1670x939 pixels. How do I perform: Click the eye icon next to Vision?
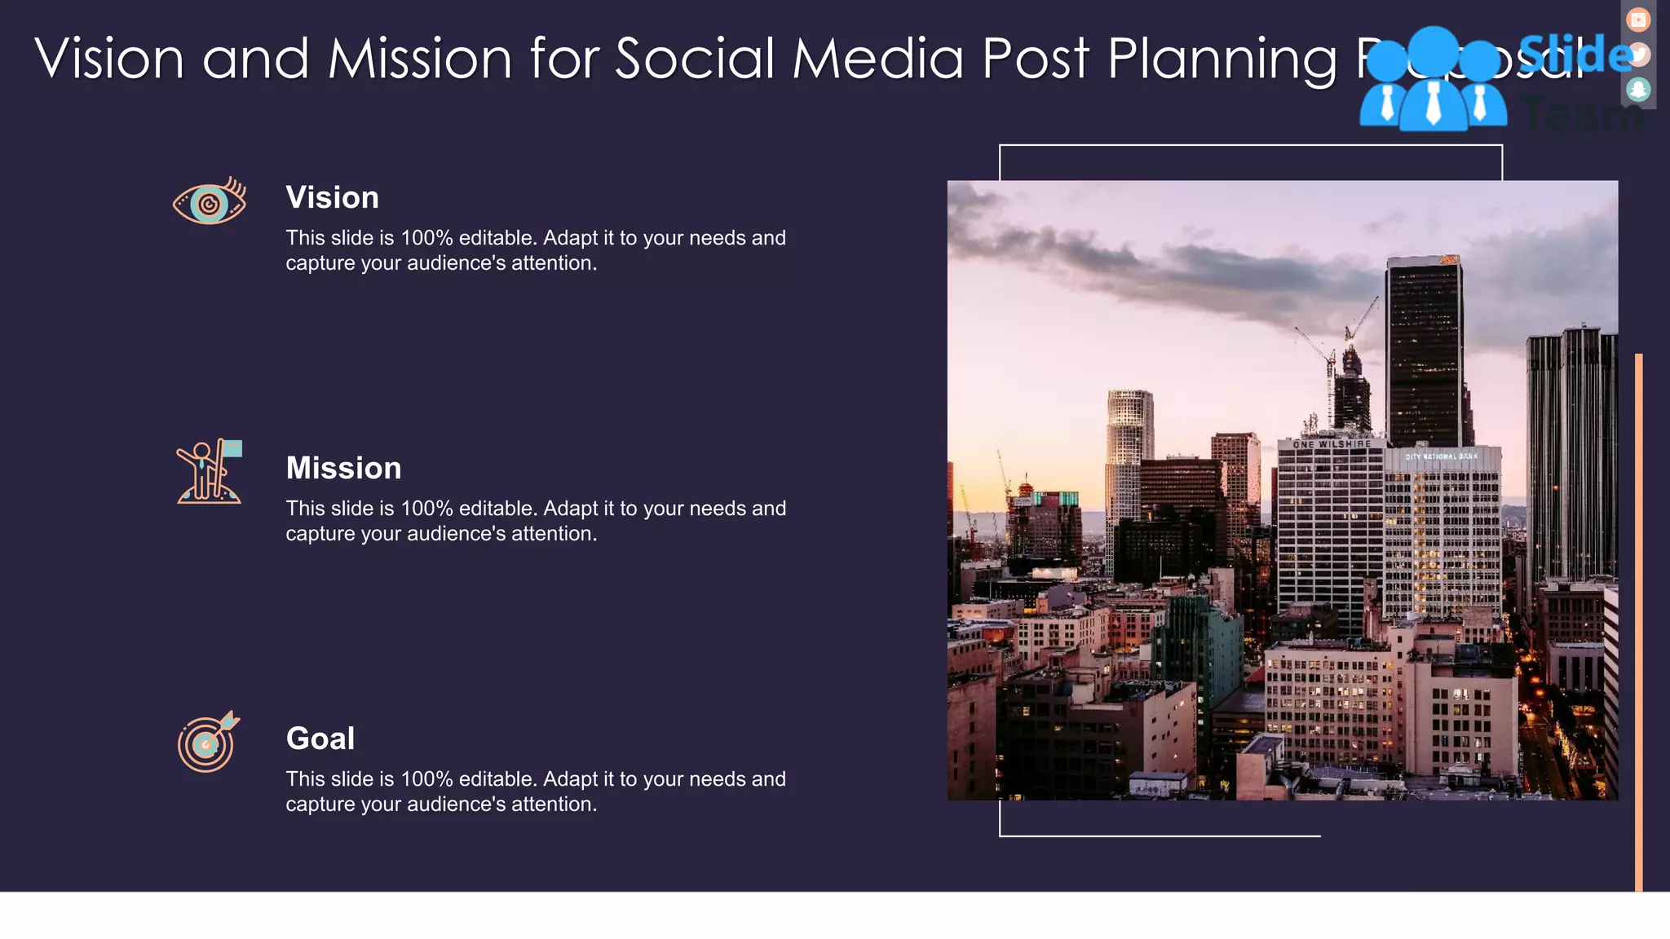click(209, 201)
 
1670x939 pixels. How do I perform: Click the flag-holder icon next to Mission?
click(209, 472)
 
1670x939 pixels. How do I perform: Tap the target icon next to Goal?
click(207, 742)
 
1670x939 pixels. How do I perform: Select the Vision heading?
click(332, 197)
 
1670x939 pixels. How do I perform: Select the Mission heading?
click(343, 468)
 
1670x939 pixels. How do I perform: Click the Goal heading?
click(320, 738)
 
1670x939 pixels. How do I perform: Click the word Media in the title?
click(877, 59)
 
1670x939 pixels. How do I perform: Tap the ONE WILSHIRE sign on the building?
click(1332, 444)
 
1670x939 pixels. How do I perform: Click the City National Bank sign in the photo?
click(1441, 456)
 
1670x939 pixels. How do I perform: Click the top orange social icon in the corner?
click(1637, 20)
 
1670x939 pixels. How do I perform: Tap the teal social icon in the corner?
click(1637, 89)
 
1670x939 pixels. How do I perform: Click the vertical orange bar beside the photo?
click(1638, 619)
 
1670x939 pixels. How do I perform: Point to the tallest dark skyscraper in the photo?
click(1425, 350)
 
